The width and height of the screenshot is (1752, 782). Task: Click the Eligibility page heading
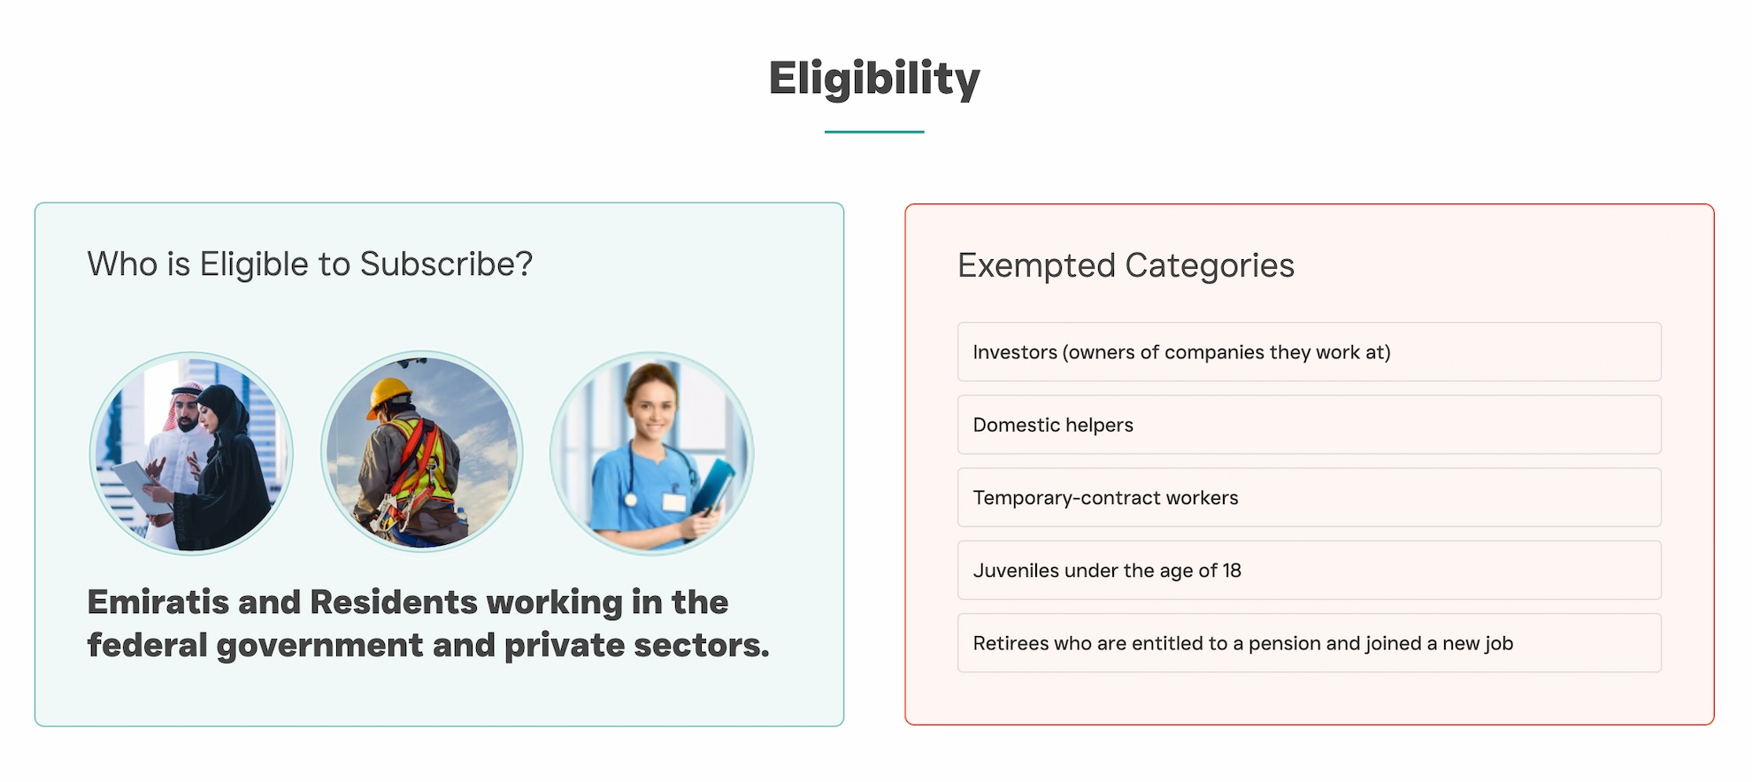pos(874,78)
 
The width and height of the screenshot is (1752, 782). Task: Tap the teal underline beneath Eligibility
pos(874,132)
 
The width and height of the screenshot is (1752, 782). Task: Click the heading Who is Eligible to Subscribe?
pos(310,264)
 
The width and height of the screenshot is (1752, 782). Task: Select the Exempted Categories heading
pos(1126,265)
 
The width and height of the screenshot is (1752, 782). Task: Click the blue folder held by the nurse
pos(714,487)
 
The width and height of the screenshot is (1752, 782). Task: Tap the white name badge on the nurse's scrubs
pos(674,502)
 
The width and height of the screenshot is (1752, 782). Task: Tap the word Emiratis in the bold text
pos(158,602)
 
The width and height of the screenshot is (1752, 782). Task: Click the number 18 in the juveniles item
pos(1232,571)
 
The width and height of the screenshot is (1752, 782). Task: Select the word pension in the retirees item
pos(1283,643)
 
